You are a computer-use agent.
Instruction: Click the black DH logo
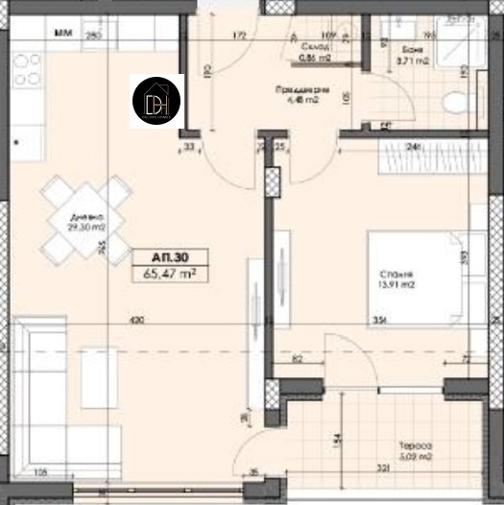click(156, 100)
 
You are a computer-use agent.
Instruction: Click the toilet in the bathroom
click(452, 101)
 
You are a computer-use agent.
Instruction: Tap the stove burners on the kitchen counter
click(26, 71)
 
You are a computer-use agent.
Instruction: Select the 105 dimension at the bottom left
click(42, 472)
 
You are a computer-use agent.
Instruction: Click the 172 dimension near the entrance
click(240, 37)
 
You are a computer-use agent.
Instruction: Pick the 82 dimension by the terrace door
click(300, 358)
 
